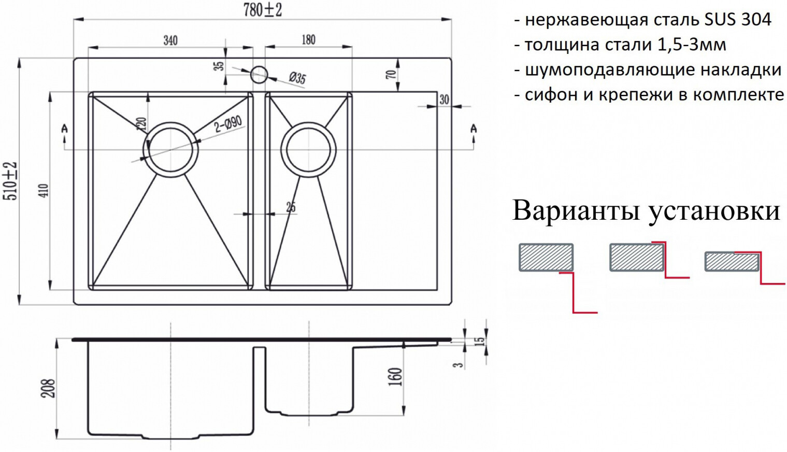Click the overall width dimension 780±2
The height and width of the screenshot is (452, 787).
263,10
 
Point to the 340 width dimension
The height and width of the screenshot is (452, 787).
170,40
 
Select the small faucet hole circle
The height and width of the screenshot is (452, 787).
259,75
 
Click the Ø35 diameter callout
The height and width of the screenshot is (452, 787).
297,78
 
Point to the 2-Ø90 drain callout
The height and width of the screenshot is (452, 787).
228,124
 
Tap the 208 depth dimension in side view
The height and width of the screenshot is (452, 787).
48,388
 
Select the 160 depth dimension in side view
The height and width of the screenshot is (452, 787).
395,376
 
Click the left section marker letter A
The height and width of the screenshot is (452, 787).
64,128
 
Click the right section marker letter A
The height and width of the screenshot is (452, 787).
473,128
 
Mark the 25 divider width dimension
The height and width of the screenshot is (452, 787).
291,207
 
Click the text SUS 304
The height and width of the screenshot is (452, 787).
738,20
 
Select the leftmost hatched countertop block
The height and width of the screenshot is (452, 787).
546,257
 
